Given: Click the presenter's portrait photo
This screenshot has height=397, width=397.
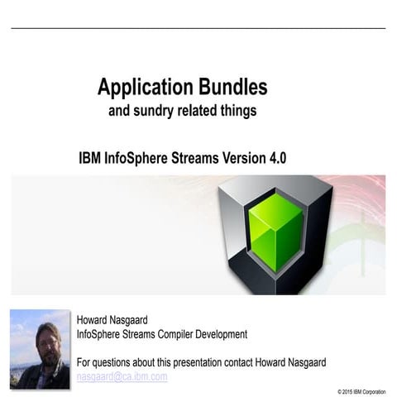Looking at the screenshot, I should (x=40, y=349).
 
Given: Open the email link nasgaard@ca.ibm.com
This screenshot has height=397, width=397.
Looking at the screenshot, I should (x=122, y=377).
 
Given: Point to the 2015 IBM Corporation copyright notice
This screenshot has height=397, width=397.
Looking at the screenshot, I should (x=361, y=390).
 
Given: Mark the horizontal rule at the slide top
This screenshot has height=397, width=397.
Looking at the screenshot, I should (x=198, y=28).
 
